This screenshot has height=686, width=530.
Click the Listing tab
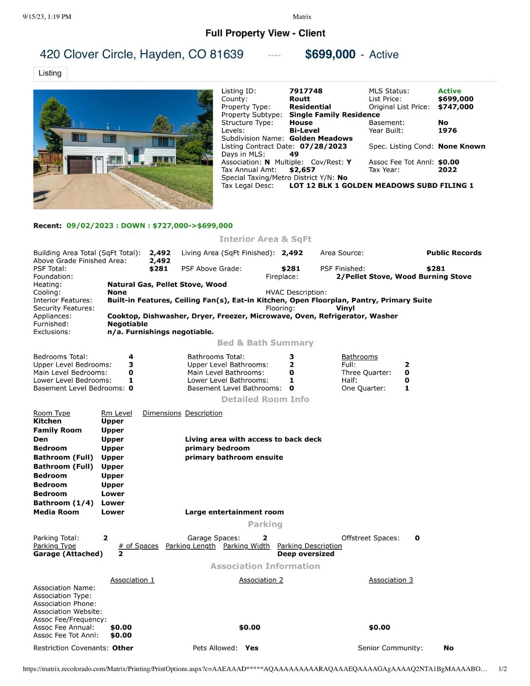pyautogui.click(x=50, y=73)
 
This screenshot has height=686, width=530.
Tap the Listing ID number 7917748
pyautogui.click(x=306, y=91)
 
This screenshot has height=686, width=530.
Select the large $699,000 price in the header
pyautogui.click(x=330, y=54)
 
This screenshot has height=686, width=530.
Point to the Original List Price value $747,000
pyautogui.click(x=456, y=107)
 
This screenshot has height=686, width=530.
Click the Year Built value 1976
pyautogui.click(x=447, y=130)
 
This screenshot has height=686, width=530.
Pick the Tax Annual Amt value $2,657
pyautogui.click(x=302, y=170)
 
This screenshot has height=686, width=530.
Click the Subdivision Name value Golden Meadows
pyautogui.click(x=321, y=138)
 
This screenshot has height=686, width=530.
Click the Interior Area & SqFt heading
pyautogui.click(x=265, y=239)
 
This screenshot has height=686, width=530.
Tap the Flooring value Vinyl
pyautogui.click(x=345, y=308)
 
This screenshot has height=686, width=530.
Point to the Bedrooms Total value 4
pyautogui.click(x=131, y=357)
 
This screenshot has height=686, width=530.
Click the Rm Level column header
pyautogui.click(x=116, y=413)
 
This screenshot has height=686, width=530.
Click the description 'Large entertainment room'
pyautogui.click(x=234, y=512)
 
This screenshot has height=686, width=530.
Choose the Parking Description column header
pyautogui.click(x=310, y=546)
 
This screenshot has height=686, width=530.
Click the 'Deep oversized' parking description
pyautogui.click(x=306, y=554)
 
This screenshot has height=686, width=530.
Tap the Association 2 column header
pyautogui.click(x=261, y=580)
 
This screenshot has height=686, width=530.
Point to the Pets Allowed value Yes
pyautogui.click(x=252, y=648)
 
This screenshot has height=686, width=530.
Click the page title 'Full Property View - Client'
pyautogui.click(x=265, y=33)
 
